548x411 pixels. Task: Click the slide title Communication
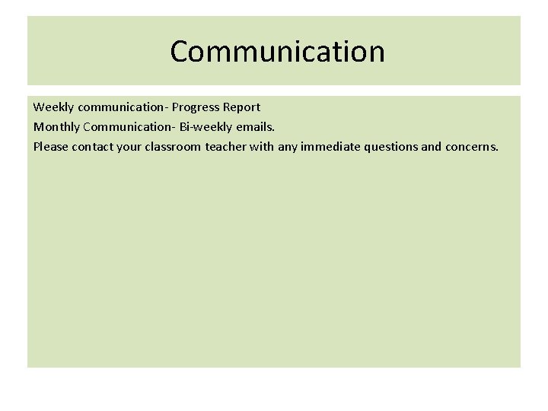pyautogui.click(x=277, y=52)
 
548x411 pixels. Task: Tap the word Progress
pyautogui.click(x=197, y=107)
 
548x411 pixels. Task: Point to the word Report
pyautogui.click(x=243, y=107)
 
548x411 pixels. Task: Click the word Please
pyautogui.click(x=50, y=145)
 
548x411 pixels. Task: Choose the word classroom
pyautogui.click(x=173, y=145)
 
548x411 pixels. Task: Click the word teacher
pyautogui.click(x=226, y=145)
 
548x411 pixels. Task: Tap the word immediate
pyautogui.click(x=331, y=145)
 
